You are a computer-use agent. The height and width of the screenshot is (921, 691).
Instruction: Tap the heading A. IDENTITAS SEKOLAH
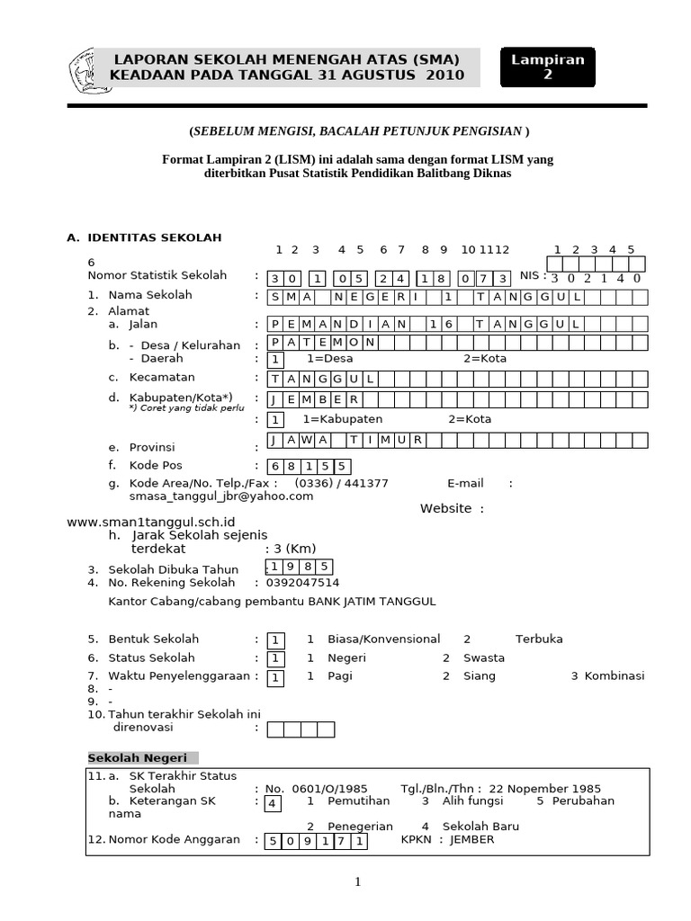click(144, 237)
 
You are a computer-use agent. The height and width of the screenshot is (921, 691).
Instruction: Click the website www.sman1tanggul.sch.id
click(151, 522)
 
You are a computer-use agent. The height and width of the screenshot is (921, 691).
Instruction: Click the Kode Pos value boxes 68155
click(309, 466)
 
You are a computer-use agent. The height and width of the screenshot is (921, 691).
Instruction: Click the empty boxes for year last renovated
click(301, 729)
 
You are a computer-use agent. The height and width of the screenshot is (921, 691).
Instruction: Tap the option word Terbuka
click(539, 639)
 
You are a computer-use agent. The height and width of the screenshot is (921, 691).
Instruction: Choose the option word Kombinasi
click(615, 676)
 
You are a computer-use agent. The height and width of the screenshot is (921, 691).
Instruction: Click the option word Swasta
click(483, 658)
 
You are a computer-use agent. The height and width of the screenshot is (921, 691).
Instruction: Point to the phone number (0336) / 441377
click(340, 483)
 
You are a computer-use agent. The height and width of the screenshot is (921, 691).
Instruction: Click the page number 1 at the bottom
click(357, 882)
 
